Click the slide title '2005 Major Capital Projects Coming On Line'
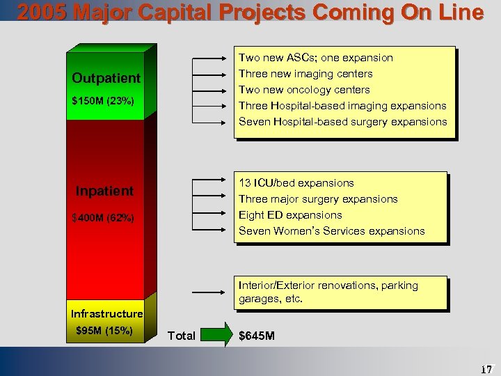tap(250, 12)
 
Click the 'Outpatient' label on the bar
tap(106, 77)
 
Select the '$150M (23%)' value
tap(103, 101)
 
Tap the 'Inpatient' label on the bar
tap(104, 191)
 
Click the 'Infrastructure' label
tap(106, 313)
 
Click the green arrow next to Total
tap(217, 336)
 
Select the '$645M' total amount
tap(257, 336)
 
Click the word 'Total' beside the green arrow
tap(182, 336)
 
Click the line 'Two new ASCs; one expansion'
tap(316, 58)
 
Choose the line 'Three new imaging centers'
tap(305, 74)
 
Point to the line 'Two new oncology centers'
tap(304, 90)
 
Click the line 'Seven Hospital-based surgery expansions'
tap(342, 122)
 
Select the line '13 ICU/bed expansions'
tap(296, 183)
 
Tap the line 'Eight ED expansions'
tap(290, 215)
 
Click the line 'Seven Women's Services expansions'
tap(331, 231)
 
